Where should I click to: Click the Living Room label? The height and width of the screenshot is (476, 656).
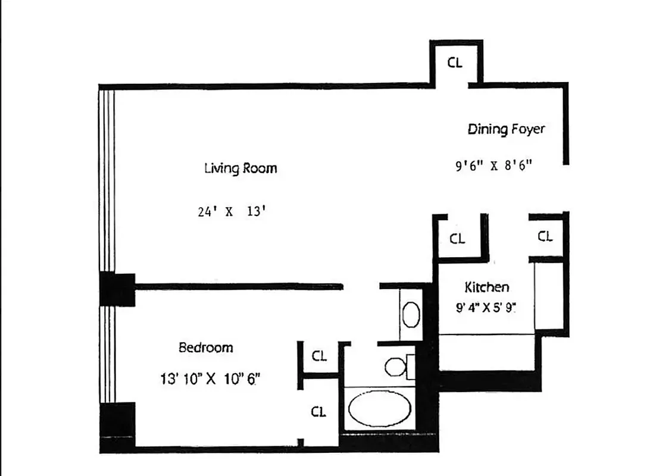[x=240, y=168]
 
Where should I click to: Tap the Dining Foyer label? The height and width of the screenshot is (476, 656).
[x=505, y=129]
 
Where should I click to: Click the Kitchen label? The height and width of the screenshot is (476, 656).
[x=486, y=287]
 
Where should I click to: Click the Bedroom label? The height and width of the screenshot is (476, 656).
[x=206, y=347]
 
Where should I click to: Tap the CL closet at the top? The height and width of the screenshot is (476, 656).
[x=455, y=62]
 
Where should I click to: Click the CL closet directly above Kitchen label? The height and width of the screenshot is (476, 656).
[x=457, y=239]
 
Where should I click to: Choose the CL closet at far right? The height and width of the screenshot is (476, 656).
[x=545, y=236]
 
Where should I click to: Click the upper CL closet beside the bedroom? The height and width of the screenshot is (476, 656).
[x=319, y=356]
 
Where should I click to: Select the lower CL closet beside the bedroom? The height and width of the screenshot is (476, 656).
[x=319, y=412]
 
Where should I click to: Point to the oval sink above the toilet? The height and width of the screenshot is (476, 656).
[x=410, y=314]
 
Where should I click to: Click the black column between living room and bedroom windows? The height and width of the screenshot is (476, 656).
[x=117, y=289]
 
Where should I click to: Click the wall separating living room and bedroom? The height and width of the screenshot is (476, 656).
[x=238, y=287]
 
